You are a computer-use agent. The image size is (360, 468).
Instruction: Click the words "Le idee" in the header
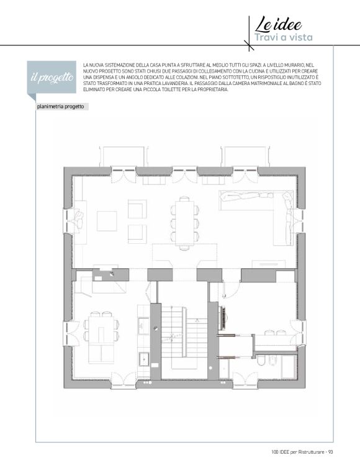[278, 25]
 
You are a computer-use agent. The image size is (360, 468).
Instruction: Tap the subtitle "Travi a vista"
[283, 37]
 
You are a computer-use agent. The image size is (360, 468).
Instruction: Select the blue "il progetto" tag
[52, 78]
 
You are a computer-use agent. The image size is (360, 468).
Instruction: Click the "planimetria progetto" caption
[61, 107]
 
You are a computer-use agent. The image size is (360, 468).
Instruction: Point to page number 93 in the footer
[330, 452]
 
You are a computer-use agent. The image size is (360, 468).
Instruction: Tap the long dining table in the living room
[184, 223]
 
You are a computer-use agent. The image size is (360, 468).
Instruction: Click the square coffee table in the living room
[107, 221]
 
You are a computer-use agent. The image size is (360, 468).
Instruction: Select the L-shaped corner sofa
[257, 215]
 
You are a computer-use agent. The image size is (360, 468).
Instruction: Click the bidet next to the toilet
[273, 361]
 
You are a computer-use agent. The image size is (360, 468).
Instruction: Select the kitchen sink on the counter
[144, 359]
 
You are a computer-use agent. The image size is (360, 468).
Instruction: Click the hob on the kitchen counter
[143, 326]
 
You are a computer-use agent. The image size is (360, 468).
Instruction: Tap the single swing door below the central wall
[230, 290]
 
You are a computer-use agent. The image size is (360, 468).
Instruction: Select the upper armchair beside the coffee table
[137, 209]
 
